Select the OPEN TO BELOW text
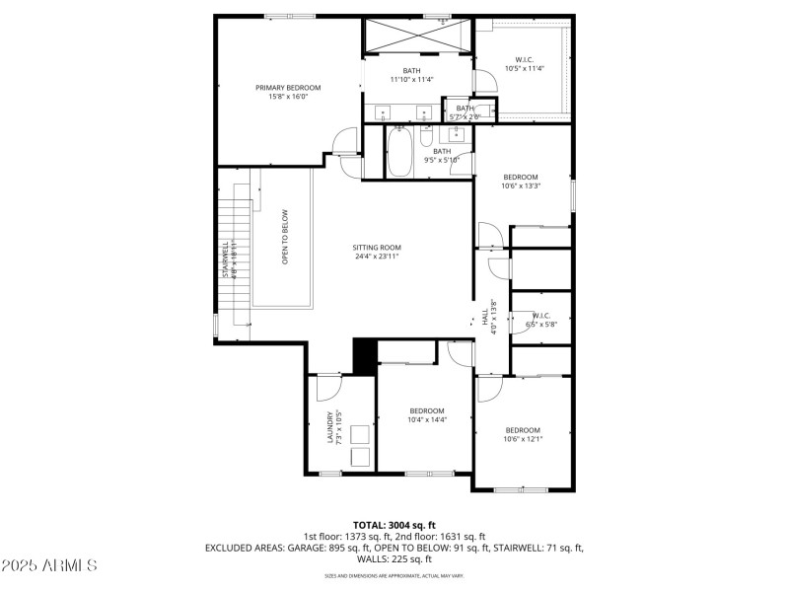285,237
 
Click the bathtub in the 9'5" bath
399,153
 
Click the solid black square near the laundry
365,355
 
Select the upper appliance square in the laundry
360,434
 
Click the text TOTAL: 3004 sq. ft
394,525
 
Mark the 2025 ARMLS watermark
49,565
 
